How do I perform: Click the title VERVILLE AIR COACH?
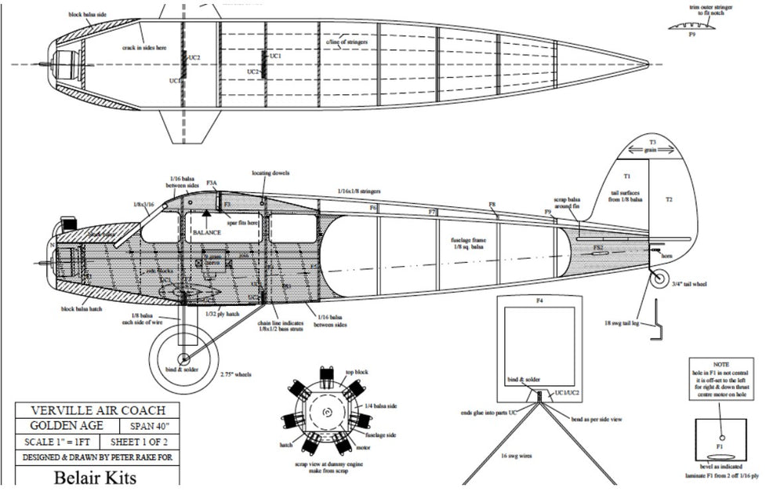(96, 410)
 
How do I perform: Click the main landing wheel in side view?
(183, 359)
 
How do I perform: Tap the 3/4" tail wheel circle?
(661, 278)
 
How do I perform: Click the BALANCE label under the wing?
(206, 233)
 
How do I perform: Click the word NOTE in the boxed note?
(720, 365)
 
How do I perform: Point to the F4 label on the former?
(539, 300)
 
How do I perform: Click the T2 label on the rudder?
(669, 200)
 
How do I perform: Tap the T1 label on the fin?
(626, 177)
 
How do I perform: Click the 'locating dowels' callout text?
(267, 173)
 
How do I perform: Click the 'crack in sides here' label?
(143, 48)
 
